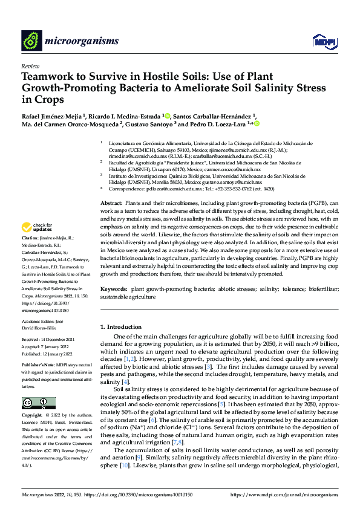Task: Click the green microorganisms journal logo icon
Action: coord(32,41)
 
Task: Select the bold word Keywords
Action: coord(113,290)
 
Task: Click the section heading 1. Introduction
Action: coord(124,327)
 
